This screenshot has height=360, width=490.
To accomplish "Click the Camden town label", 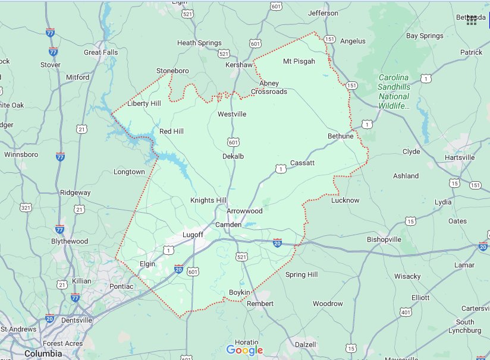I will pyautogui.click(x=228, y=225).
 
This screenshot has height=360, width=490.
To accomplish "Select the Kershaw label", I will pyautogui.click(x=240, y=64).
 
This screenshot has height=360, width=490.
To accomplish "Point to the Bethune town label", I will pyautogui.click(x=340, y=136).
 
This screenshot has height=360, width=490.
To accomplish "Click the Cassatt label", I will pyautogui.click(x=302, y=163).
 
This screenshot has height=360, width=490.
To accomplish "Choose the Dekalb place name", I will pyautogui.click(x=233, y=156).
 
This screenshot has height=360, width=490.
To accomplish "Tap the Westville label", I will pyautogui.click(x=231, y=114).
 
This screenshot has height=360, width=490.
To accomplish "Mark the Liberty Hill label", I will pyautogui.click(x=145, y=103).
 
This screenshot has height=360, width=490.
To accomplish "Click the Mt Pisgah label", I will pyautogui.click(x=299, y=61).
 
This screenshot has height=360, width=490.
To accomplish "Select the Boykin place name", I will pyautogui.click(x=240, y=292).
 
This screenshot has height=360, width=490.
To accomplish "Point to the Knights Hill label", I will pyautogui.click(x=208, y=200).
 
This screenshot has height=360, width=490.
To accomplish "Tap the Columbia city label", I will pyautogui.click(x=43, y=353).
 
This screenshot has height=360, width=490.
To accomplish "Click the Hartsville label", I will pyautogui.click(x=460, y=157).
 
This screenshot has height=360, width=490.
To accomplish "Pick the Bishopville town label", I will pyautogui.click(x=384, y=239).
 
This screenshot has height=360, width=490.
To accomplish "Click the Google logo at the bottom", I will pyautogui.click(x=244, y=350).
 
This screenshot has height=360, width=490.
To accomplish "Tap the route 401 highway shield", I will pyautogui.click(x=406, y=311).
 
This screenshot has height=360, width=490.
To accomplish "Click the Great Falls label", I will pyautogui.click(x=100, y=52).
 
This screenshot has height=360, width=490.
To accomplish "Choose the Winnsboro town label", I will pyautogui.click(x=21, y=154).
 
